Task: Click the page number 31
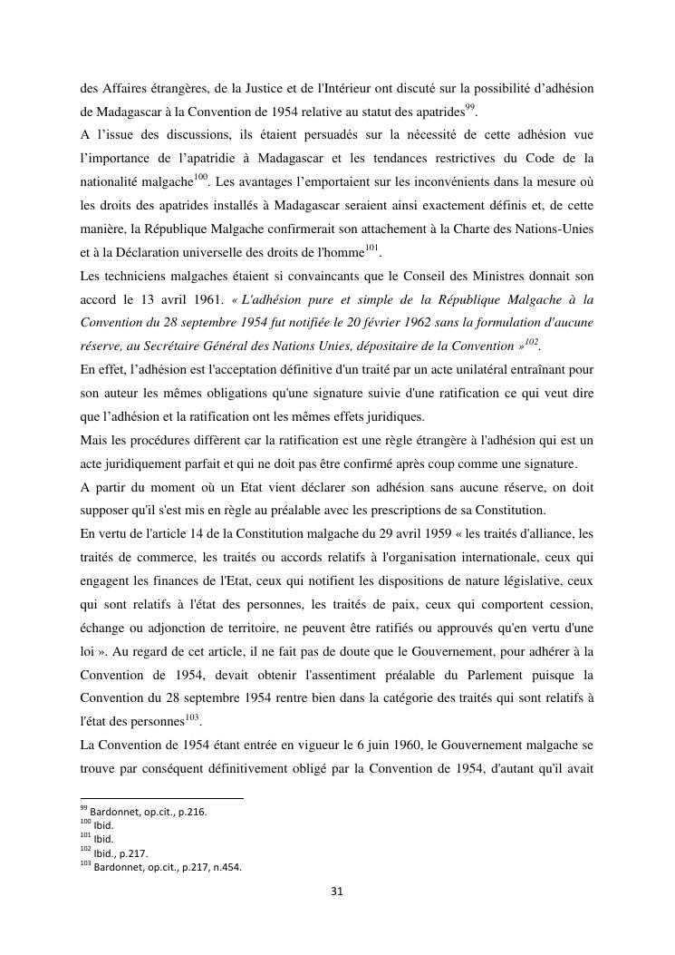337,892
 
